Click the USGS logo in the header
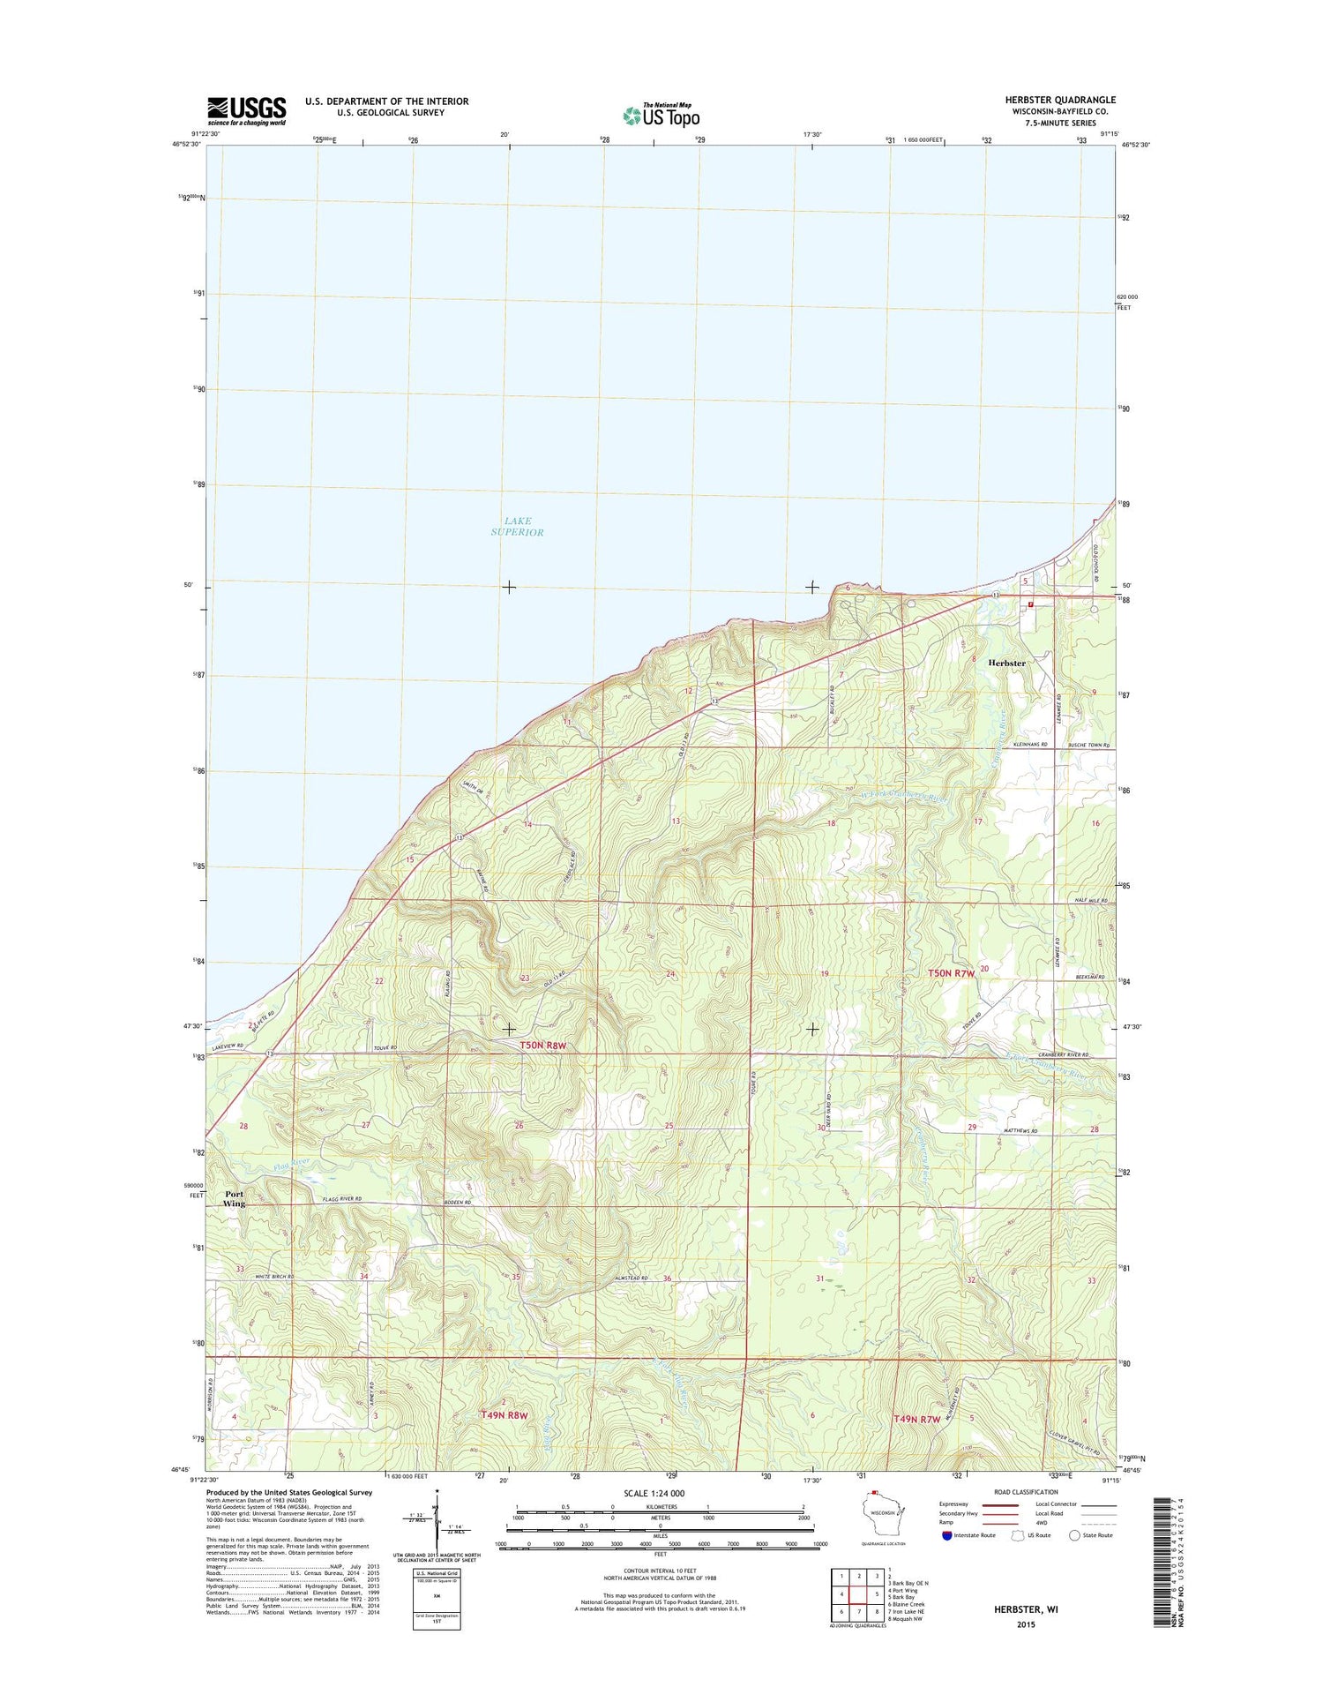coord(246,110)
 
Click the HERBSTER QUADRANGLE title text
coord(1060,100)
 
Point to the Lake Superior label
coord(517,527)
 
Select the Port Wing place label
coord(234,1198)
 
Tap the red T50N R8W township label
coord(542,1046)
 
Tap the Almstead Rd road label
coord(631,1278)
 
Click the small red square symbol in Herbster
coord(1029,605)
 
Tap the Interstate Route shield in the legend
coord(947,1535)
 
